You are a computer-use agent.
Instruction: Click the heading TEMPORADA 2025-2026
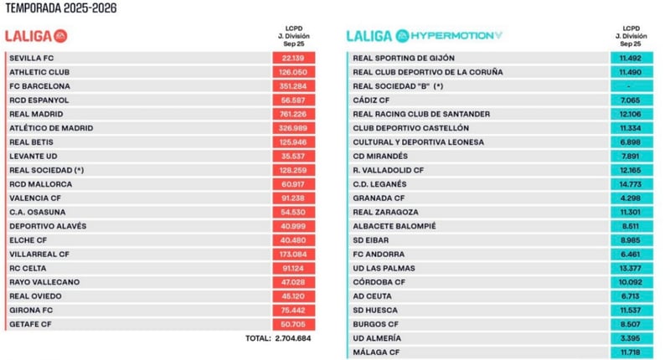click(60, 9)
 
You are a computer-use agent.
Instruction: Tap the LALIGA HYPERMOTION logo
click(425, 36)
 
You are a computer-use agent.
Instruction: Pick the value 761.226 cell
click(293, 114)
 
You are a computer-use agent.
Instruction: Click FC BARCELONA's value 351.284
click(293, 86)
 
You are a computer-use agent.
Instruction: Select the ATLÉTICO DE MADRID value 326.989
click(293, 128)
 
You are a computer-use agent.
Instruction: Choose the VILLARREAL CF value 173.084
click(293, 254)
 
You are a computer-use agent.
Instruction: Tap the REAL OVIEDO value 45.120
click(293, 296)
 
